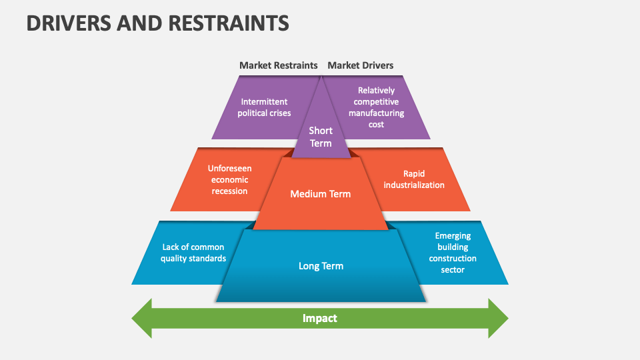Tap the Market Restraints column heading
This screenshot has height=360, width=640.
278,65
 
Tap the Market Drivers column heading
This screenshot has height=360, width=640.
360,65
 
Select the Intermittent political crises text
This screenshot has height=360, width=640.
264,107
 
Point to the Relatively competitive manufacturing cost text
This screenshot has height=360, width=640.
376,107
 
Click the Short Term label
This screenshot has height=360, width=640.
321,137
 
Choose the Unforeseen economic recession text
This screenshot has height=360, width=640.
229,180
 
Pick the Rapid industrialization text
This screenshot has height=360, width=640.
413,179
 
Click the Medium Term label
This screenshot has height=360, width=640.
320,194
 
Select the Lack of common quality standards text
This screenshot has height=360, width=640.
193,253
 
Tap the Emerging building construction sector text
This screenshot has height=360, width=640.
453,253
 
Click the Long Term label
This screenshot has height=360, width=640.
321,266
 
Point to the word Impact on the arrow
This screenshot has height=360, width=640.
320,319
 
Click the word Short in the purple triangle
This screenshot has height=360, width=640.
321,131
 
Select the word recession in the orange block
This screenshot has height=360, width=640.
229,191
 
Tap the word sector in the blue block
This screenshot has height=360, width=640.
453,270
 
